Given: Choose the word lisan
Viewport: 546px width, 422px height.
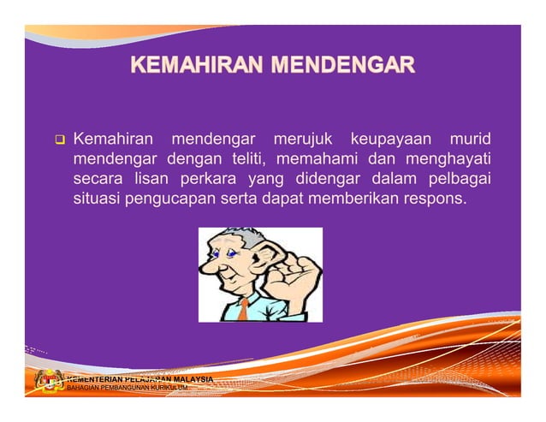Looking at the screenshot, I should pyautogui.click(x=152, y=180).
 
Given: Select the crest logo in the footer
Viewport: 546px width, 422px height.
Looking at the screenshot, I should pyautogui.click(x=49, y=382).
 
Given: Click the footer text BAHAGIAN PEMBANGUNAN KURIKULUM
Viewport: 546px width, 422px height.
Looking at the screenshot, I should pyautogui.click(x=128, y=388).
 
